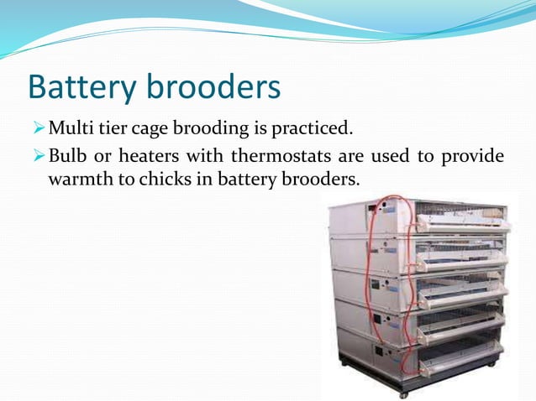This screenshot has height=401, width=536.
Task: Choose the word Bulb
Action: tap(67, 157)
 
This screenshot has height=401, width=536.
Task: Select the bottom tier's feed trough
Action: tap(461, 366)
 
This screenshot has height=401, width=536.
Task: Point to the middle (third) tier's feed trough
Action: tap(462, 294)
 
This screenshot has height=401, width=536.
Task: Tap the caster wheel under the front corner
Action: tap(404, 392)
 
